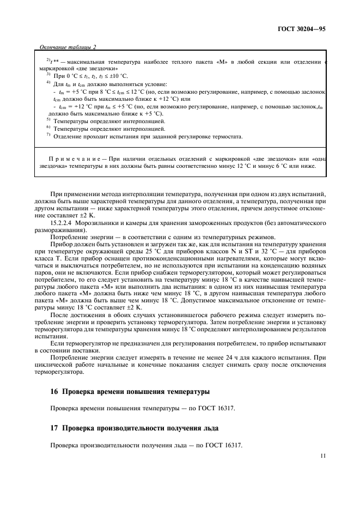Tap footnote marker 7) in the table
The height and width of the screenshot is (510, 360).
click(48, 136)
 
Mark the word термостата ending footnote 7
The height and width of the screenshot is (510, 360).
click(225, 136)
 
